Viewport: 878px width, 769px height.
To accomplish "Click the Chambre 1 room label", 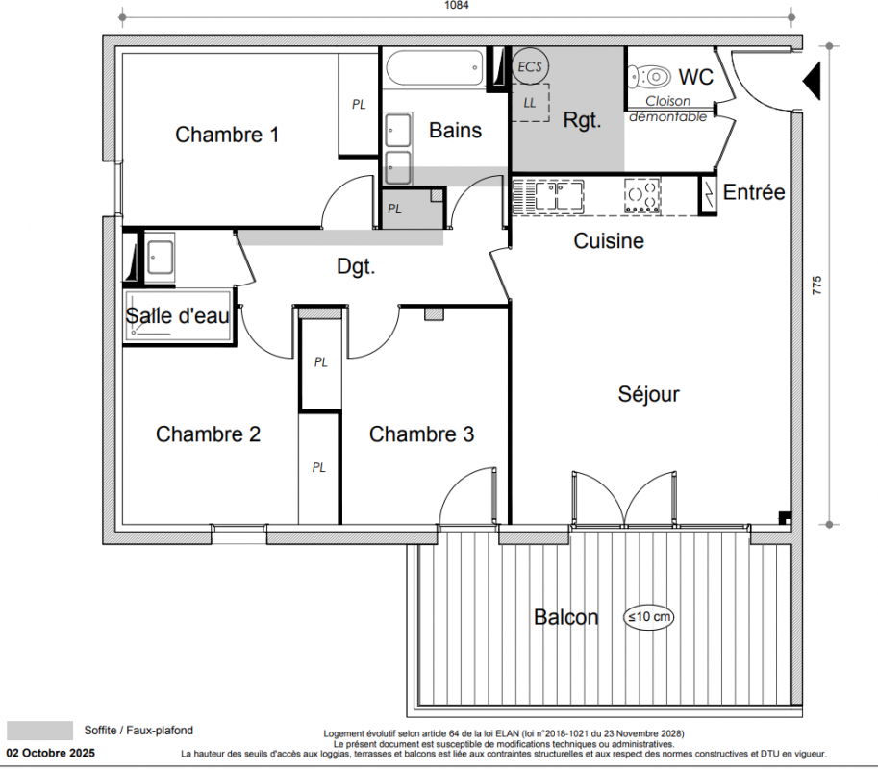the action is (227, 135).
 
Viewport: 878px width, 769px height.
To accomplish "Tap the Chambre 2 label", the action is (209, 434).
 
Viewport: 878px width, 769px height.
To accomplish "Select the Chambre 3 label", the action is (421, 434).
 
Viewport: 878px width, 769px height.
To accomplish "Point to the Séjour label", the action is (648, 394).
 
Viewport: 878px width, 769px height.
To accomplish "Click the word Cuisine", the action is (609, 240).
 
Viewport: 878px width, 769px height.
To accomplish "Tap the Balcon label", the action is (566, 617).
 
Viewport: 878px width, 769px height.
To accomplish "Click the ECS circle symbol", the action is (530, 66).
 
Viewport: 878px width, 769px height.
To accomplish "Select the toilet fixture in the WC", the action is (649, 76).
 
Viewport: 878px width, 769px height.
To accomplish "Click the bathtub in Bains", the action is (435, 68).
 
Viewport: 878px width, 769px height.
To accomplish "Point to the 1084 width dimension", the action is (457, 6).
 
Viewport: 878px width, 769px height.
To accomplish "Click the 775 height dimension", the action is (817, 285).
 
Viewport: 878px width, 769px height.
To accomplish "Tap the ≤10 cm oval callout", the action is (648, 617).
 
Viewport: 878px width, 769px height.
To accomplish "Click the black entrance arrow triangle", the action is (812, 81).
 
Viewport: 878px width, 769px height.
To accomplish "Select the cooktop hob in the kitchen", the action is (642, 196).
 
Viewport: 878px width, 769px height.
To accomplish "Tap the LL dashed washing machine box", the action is (530, 103).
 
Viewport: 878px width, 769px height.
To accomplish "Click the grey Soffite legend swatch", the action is (39, 731).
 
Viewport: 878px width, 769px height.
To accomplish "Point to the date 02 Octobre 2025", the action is (51, 754).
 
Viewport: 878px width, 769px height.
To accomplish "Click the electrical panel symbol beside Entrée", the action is (709, 194).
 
